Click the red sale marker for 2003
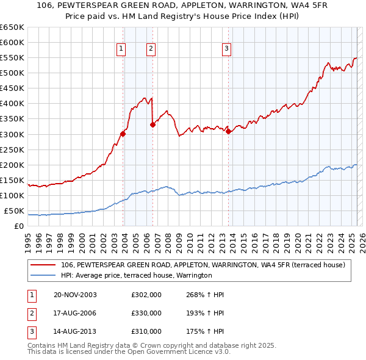[x=123, y=134]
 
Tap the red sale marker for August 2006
[x=152, y=125]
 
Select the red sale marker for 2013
[x=228, y=131]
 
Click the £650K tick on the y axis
[x=12, y=27]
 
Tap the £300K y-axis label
[x=12, y=134]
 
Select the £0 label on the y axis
[x=19, y=226]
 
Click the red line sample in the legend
[x=43, y=265]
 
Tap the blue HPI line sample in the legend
[x=43, y=275]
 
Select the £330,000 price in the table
[x=146, y=313]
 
